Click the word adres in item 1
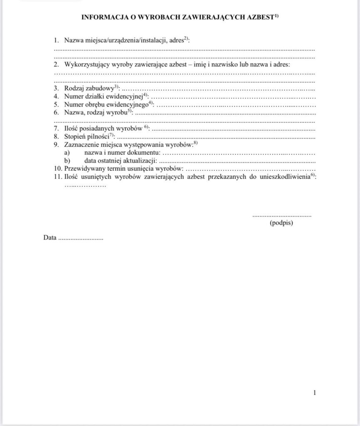[177, 41]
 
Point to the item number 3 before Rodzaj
[56, 89]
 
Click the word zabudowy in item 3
[99, 89]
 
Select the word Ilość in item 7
[72, 129]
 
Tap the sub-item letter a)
[67, 153]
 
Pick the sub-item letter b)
[67, 161]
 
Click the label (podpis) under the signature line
[281, 223]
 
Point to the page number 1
[315, 392]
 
